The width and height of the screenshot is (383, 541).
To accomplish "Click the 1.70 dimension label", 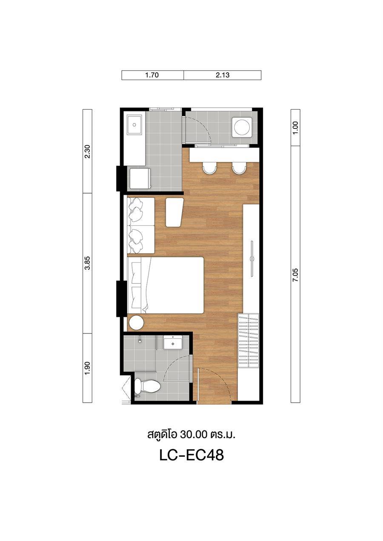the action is point(152,75).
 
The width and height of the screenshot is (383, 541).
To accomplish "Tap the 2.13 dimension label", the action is point(223,75).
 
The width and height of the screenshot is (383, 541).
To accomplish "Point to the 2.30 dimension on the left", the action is point(88,151).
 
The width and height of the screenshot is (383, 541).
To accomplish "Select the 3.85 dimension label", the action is point(88,263).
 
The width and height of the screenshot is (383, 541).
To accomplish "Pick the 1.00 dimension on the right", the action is point(295,128).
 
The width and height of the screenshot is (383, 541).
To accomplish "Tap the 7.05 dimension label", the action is point(295,275).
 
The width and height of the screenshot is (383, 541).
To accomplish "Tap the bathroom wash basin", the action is point(172,343).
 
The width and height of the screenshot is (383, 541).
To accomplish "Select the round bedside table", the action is point(137,322).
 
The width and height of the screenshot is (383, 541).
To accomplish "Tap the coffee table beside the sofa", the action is point(174,212).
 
